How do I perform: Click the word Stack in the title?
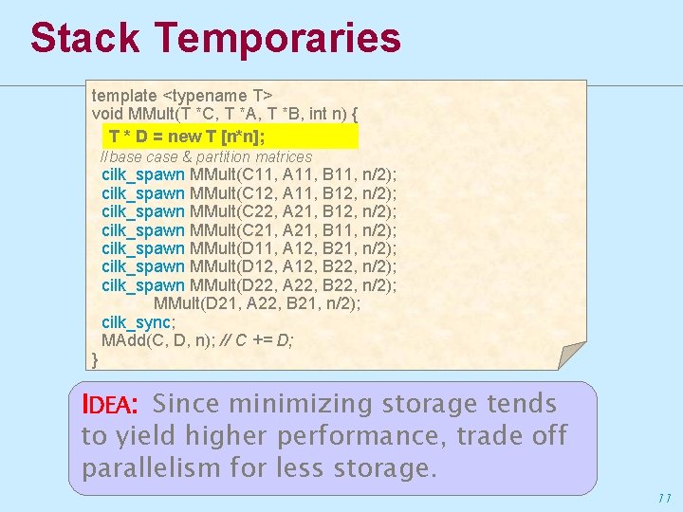point(84,38)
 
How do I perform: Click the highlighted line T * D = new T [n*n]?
point(186,137)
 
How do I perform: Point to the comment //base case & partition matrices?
point(206,156)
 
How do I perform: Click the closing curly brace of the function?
point(95,358)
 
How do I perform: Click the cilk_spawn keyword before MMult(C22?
point(143,211)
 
